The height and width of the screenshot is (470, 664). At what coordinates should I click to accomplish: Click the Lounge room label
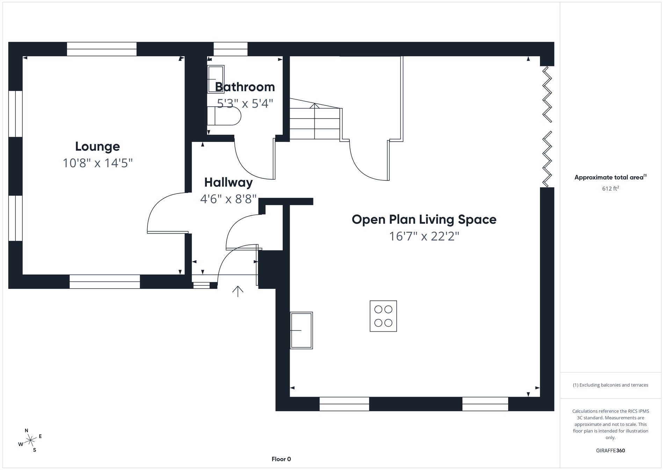coord(98,146)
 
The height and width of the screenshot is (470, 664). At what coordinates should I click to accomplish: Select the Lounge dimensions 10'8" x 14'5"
coord(98,163)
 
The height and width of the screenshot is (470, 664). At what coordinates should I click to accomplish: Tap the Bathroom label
coord(245,87)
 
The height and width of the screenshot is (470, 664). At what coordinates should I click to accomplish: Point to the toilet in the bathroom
coord(224,116)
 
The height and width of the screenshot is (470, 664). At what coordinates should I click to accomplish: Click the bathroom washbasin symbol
coord(216,79)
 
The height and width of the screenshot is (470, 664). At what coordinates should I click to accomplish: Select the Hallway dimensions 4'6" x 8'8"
coord(228,199)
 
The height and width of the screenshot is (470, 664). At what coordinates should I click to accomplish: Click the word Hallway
coord(228,182)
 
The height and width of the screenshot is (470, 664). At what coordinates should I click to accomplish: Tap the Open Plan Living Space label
coord(424,219)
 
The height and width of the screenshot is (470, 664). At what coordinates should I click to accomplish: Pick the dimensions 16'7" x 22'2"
coord(424,236)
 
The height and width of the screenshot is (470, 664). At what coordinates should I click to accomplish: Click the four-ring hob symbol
coord(383,316)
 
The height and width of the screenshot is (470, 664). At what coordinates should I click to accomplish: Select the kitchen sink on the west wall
coord(301,330)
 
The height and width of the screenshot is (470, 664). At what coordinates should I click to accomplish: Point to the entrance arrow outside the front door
coord(238,291)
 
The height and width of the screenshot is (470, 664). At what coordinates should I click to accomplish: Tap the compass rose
coord(30,440)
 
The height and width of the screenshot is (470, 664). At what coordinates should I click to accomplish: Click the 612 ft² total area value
coord(610,188)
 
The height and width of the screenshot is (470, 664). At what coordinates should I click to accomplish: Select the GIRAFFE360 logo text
coord(610,450)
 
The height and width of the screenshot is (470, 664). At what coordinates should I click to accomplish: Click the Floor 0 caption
coord(281,459)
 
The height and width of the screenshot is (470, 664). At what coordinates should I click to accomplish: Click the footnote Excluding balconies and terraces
coord(610,385)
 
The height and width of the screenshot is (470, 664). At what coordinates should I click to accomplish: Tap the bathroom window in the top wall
coord(230,49)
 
